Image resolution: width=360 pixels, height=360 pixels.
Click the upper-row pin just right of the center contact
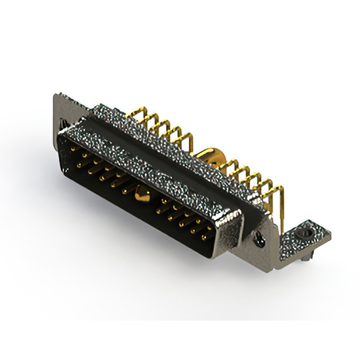coord(163,202)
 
